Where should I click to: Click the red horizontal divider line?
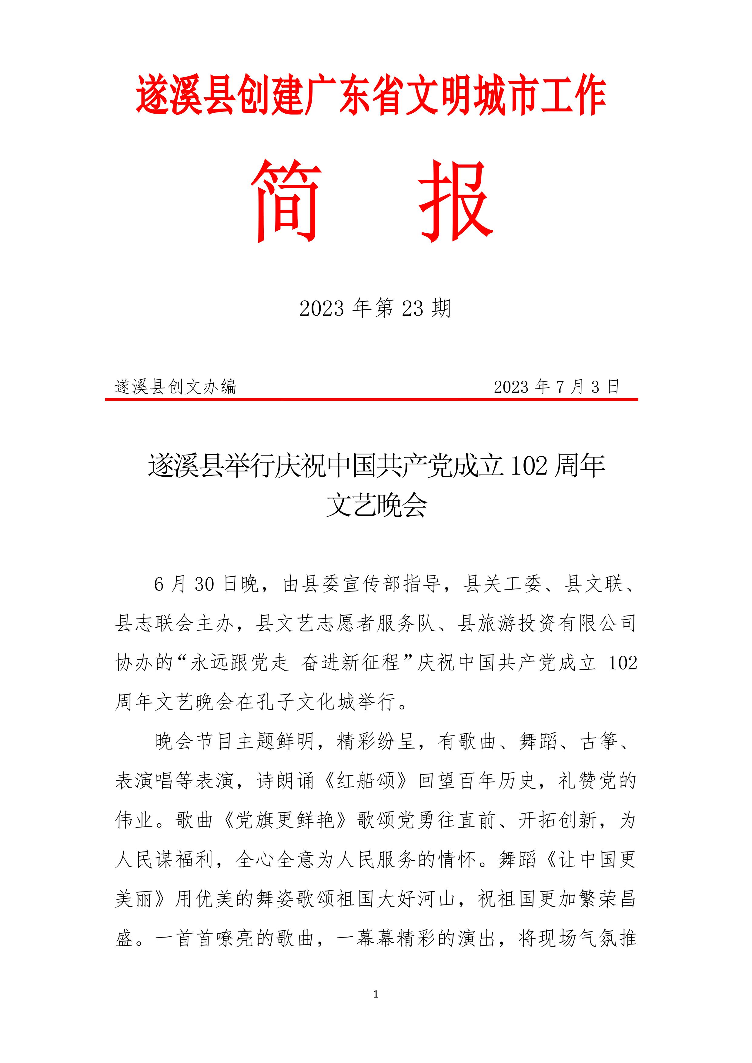pos(371,399)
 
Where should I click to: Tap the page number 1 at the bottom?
pos(376,994)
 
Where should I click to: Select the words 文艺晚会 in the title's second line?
pos(376,505)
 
